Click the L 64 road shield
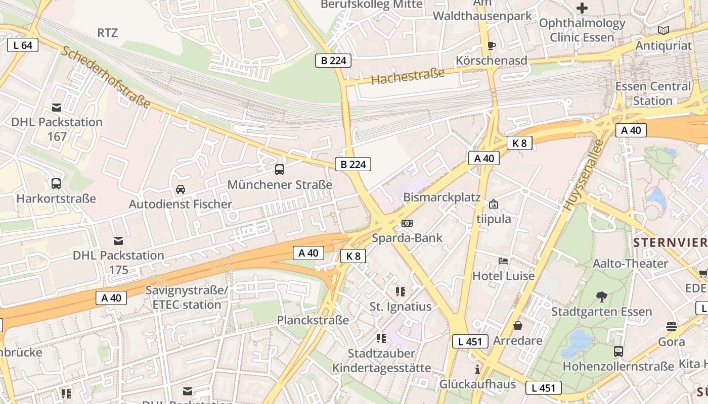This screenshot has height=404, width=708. tap(23, 45)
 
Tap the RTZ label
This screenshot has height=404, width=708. tap(107, 33)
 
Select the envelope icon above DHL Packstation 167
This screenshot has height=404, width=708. tap(57, 108)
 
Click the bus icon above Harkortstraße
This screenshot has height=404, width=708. tap(56, 184)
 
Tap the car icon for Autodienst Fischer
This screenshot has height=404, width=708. tap(180, 189)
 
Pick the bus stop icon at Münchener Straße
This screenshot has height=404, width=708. tap(279, 170)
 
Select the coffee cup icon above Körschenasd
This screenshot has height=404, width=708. tap(491, 46)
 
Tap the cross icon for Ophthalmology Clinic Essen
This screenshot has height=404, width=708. tap(582, 8)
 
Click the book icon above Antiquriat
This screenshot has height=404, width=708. tap(663, 31)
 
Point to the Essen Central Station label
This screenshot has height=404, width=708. tap(652, 93)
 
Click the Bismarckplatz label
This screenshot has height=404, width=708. tap(441, 197)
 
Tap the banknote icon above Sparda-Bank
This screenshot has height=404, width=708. tap(407, 223)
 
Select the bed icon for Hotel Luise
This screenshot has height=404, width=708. tap(503, 261)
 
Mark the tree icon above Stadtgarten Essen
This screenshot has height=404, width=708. tap(601, 296)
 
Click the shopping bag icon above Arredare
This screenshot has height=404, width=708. tap(517, 326)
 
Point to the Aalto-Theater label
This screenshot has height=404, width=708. tap(630, 263)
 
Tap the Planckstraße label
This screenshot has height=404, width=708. tap(313, 320)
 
